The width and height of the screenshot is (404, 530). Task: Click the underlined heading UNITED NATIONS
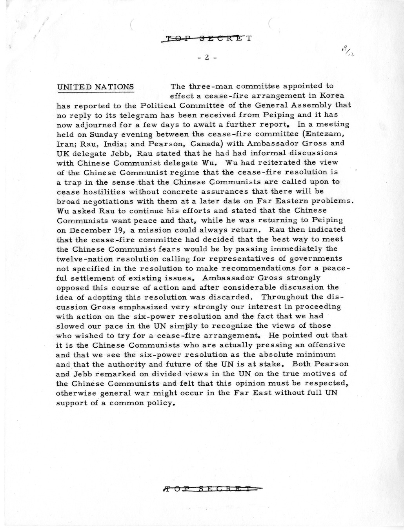95,87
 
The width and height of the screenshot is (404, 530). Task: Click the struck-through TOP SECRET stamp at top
208,38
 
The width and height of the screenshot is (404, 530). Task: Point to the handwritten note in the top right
349,51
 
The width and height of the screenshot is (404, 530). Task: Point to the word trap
73,182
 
